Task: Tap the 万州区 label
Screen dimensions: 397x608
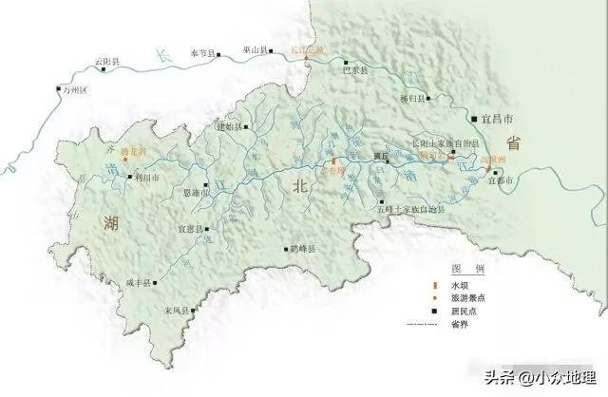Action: [x=73, y=90]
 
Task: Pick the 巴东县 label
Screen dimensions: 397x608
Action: [x=353, y=69]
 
